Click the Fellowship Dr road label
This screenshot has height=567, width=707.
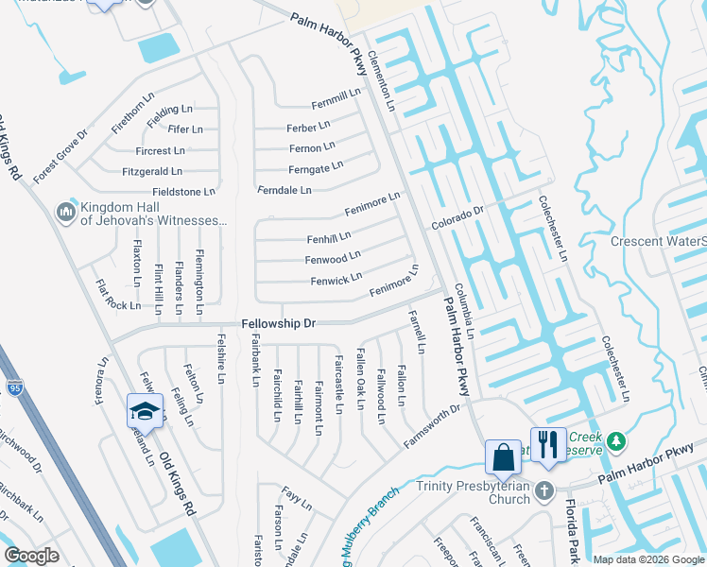tap(278, 323)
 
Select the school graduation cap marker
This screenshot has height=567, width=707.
tap(145, 412)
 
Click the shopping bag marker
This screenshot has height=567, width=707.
tap(503, 457)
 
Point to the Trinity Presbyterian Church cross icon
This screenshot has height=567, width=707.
tap(543, 490)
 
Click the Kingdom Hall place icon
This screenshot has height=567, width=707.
tap(66, 213)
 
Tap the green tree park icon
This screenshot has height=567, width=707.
tap(616, 441)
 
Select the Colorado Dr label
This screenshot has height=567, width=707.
tap(457, 218)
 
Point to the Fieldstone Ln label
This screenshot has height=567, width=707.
tap(183, 192)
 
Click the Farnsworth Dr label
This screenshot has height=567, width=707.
tap(431, 427)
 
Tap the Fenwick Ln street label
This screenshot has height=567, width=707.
tap(336, 280)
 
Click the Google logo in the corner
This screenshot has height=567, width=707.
tap(32, 556)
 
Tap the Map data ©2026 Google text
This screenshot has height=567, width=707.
tap(648, 559)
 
